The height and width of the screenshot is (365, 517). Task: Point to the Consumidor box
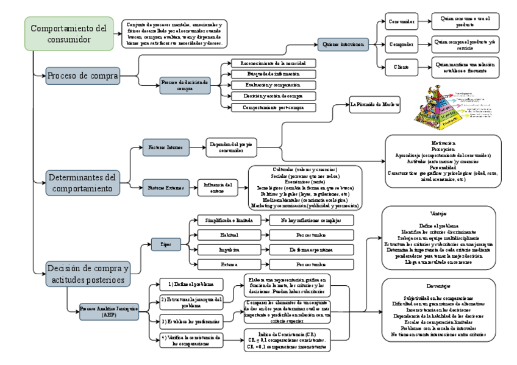click(400, 22)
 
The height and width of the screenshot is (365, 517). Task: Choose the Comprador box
click(400, 44)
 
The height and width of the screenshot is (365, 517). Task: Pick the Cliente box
click(400, 66)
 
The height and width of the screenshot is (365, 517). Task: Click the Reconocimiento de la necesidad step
click(273, 63)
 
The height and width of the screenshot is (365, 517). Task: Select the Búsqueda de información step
click(273, 74)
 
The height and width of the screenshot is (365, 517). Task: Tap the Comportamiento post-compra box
click(273, 107)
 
